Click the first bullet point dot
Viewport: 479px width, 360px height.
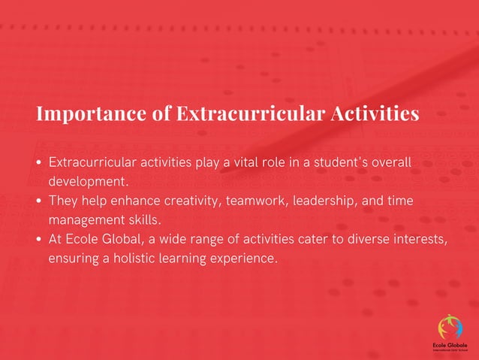[38, 163]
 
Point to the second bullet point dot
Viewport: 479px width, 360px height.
[38, 202]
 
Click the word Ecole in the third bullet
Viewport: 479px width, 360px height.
[82, 240]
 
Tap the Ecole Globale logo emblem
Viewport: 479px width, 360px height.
[450, 325]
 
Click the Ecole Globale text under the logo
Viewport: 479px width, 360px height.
[450, 344]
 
